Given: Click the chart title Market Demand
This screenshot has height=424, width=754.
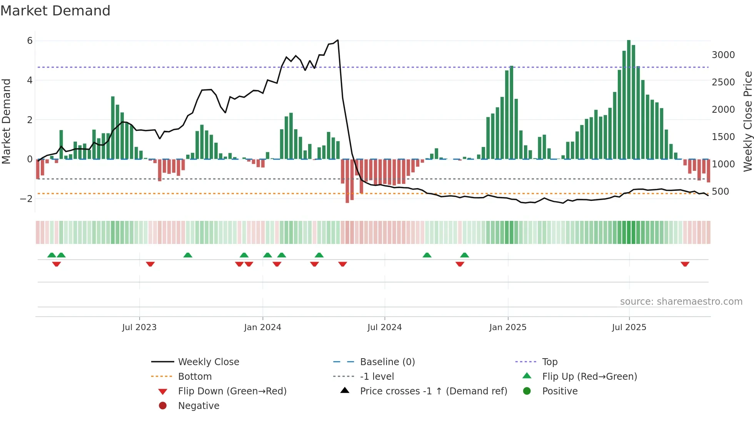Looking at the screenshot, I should click(55, 10).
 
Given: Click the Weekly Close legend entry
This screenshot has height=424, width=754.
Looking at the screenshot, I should click(208, 362).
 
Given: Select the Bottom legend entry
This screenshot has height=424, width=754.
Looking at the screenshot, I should click(195, 376).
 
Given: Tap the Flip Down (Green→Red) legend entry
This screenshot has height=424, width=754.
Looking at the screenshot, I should click(232, 391).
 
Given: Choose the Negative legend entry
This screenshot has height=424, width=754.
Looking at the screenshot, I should click(199, 406).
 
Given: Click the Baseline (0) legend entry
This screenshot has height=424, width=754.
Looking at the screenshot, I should click(387, 362).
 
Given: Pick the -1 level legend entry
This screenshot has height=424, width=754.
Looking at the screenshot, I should click(377, 376).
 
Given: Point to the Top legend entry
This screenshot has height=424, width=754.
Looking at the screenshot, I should click(549, 362).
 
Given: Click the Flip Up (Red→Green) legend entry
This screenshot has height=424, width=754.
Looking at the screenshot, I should click(589, 376).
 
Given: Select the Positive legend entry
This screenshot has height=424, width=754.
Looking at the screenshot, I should click(560, 391).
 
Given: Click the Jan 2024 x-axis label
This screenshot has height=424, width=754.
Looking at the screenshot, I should click(262, 327).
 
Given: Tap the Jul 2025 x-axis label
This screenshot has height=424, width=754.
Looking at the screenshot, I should click(629, 327).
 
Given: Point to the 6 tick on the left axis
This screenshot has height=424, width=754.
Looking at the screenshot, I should click(30, 41).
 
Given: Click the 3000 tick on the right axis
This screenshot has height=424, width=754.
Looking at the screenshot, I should click(723, 55).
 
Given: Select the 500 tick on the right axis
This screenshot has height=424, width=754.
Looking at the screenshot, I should click(720, 191).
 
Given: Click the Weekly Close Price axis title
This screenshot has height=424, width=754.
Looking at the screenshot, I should click(747, 121).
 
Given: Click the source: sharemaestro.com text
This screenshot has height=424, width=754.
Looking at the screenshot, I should click(681, 301).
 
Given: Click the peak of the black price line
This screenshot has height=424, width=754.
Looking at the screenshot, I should click(338, 40).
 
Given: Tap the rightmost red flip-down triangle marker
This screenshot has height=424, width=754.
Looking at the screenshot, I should click(685, 264).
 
